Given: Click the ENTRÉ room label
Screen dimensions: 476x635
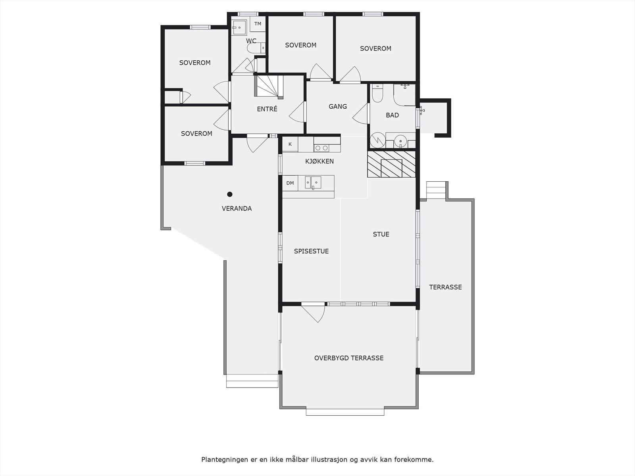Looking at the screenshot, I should pos(267,109).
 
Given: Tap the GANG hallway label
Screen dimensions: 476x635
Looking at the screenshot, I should pos(338,106).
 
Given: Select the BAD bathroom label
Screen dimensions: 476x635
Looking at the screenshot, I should pos(392,115).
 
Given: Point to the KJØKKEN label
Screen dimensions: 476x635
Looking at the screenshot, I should pos(319,161).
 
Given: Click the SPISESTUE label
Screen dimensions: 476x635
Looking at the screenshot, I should pos(311,251).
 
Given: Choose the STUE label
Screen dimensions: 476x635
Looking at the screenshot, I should pos(381,234).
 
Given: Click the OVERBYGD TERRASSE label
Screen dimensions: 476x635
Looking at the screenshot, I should pos(349,358).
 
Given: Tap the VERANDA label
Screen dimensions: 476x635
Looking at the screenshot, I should pos(237,208).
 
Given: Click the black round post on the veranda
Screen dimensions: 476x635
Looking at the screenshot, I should pos(230,194).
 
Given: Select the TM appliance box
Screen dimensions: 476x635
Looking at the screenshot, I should pos(258,24).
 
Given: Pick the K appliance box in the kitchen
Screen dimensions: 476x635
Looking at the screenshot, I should pos(290,144).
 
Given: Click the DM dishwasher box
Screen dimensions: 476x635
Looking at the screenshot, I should pos(290,183).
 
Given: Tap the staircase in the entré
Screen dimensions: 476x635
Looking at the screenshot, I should pos(269,86).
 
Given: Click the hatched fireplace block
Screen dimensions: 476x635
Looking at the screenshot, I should pos(391,164).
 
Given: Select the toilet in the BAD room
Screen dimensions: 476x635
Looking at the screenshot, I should pos(377,94).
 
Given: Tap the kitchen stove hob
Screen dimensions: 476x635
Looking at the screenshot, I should pos(321,148).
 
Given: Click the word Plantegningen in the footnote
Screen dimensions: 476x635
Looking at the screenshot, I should pos(224,460).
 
